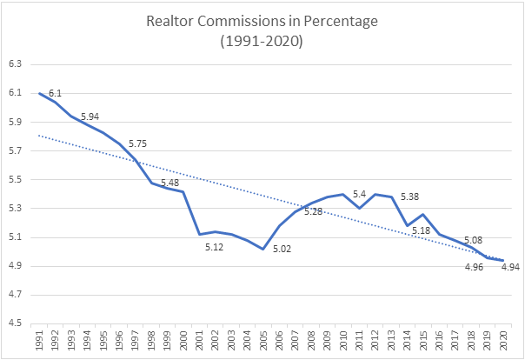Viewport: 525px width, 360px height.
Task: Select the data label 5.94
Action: coord(90,117)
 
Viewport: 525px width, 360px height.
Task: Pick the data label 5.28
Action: coord(314,211)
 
